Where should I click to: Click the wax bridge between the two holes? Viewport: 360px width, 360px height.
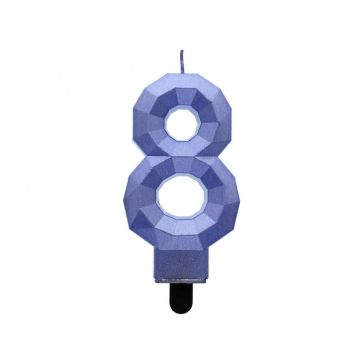(x=181, y=154)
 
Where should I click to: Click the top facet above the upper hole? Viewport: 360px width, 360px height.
(x=182, y=88)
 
